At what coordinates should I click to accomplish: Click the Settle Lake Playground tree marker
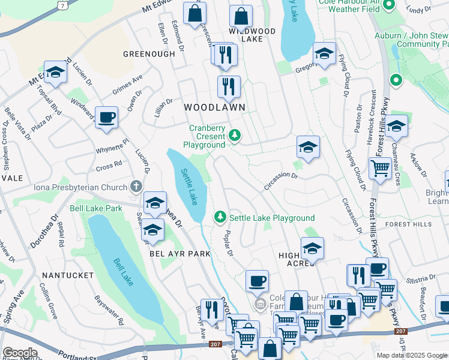(221, 216)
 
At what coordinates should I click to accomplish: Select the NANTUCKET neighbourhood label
(68, 275)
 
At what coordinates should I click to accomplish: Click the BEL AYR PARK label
(181, 254)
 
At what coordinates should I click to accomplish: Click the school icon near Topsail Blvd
(55, 73)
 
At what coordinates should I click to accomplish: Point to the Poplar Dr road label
(228, 242)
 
